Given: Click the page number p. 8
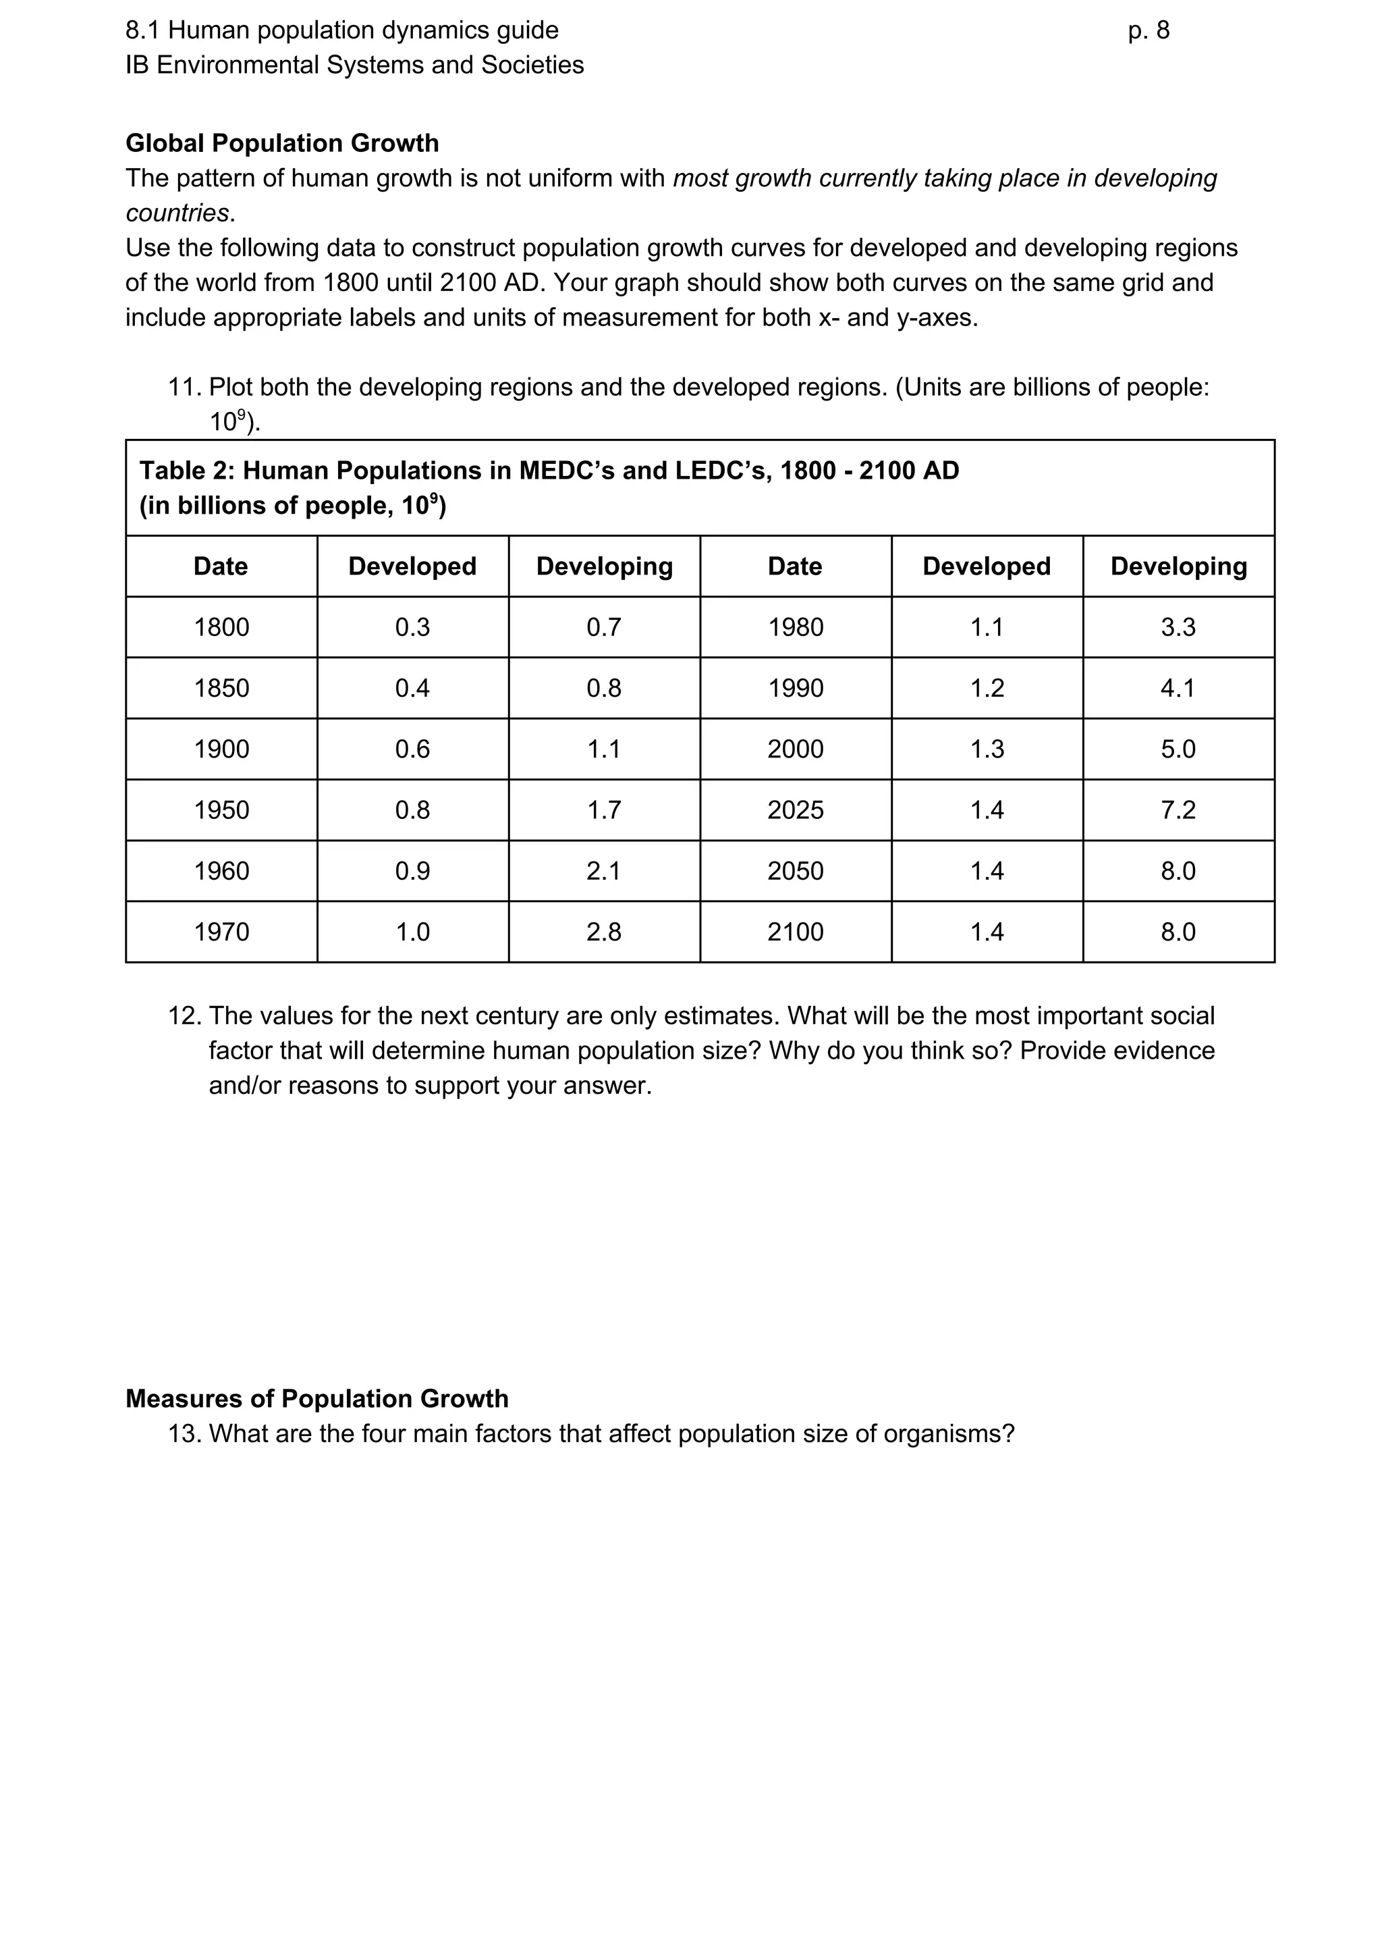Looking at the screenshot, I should point(1148,30).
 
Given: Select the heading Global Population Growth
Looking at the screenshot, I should point(282,142).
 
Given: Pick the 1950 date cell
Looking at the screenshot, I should point(221,810).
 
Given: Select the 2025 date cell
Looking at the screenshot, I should point(795,810).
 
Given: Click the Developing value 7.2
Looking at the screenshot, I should point(1178,810).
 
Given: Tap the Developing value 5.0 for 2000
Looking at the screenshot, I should point(1178,749).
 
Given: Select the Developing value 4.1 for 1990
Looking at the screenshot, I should point(1178,688).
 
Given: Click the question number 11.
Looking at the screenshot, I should point(184,387).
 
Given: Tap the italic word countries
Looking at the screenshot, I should point(177,213).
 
